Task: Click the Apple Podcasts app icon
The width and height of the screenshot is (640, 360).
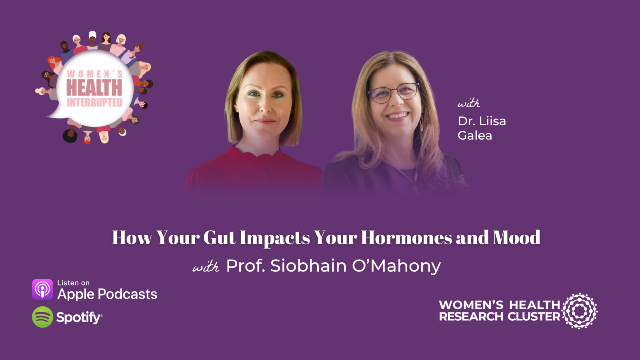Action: [42, 290]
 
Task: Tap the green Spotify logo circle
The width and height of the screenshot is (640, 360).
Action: [42, 317]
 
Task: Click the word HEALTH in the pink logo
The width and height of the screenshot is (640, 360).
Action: [94, 88]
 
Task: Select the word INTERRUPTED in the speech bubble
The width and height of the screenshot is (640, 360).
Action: [94, 103]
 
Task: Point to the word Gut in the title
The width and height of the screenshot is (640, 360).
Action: [220, 238]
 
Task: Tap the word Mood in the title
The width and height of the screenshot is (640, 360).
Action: [516, 238]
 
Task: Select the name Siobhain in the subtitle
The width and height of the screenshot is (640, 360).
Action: [308, 266]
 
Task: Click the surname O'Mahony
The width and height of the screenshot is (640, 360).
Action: [396, 266]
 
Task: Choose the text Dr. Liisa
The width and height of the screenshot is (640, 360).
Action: [482, 121]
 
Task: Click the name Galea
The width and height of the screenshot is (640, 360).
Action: [474, 136]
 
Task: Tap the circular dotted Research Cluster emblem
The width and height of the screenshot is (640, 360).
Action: [580, 311]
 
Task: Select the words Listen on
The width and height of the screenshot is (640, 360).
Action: [73, 283]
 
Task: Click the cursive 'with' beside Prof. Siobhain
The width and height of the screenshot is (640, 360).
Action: [206, 267]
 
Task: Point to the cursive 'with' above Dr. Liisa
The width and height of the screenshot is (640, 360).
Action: [468, 104]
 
